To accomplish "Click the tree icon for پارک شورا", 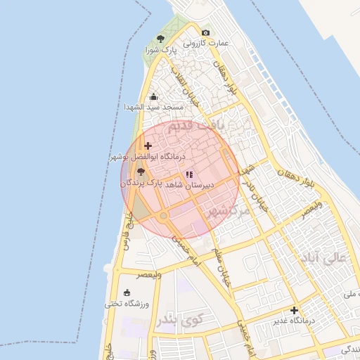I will pos(161,39).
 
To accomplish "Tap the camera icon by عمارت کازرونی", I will pos(205,32).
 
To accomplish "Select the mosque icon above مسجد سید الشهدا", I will pos(154,96).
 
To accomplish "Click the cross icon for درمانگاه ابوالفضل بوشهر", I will pos(148,146).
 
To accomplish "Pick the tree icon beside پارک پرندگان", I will pos(141,172).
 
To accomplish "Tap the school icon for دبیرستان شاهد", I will pos(188,174).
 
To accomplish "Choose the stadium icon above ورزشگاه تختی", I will pos(127,292).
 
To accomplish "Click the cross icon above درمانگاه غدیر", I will pos(294,310).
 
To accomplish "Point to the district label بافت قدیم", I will pos(200,128).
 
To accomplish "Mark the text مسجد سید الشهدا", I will pos(153,107).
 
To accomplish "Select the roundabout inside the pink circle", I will pos(163,215).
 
